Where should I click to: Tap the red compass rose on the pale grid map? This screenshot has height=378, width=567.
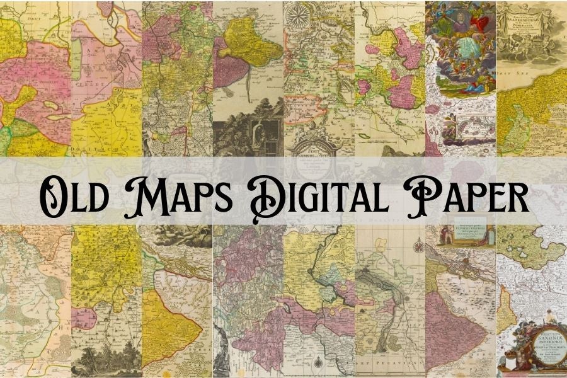[418, 245]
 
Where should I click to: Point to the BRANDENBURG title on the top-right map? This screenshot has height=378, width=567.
[532, 13]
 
